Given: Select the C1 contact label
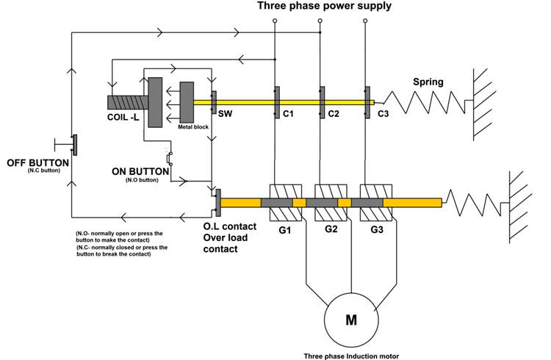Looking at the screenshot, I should coord(288,115).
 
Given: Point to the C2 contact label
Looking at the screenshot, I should coord(333,115).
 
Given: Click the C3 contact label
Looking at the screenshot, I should coord(383,115).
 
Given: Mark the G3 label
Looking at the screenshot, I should coord(376,230).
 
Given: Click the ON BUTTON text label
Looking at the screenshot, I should coord(140,170).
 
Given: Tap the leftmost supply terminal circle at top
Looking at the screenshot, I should coord(275,22).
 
